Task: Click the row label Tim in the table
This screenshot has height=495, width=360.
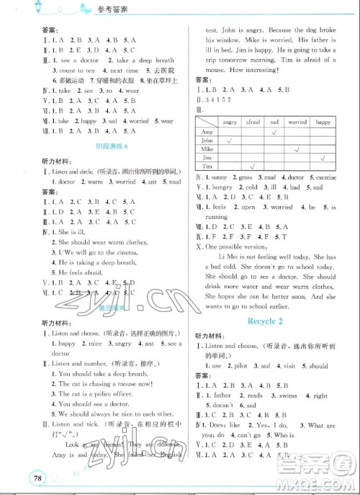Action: pyautogui.click(x=207, y=164)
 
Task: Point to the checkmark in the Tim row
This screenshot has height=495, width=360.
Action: pyautogui.click(x=253, y=165)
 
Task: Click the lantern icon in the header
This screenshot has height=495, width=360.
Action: pyautogui.click(x=15, y=9)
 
